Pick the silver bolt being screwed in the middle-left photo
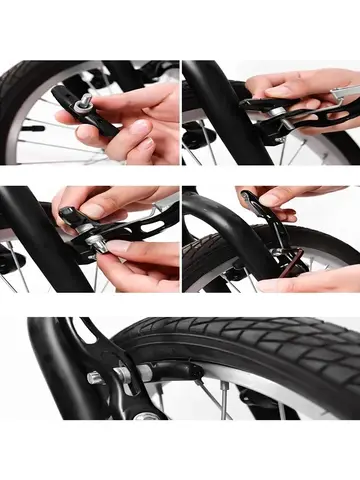[101, 239]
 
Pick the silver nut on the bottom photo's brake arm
[94, 377]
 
